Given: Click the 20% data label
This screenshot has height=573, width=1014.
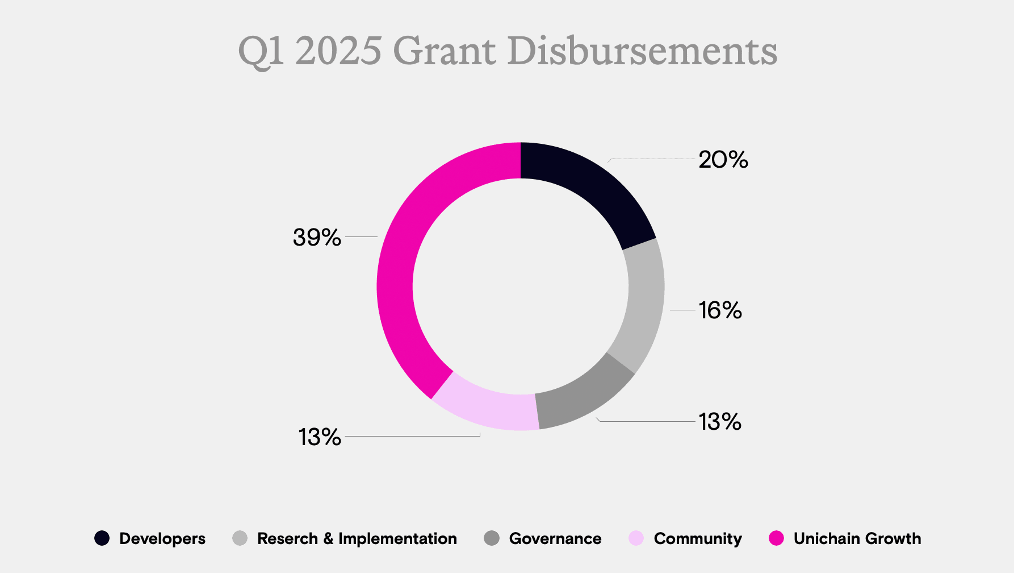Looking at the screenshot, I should pyautogui.click(x=723, y=160).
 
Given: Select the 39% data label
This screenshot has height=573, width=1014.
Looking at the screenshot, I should pyautogui.click(x=317, y=237).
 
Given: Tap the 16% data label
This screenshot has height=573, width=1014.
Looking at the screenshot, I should pyautogui.click(x=720, y=310).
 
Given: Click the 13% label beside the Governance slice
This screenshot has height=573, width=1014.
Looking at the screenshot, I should pyautogui.click(x=720, y=422).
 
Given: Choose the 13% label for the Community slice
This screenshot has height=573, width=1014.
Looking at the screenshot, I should pyautogui.click(x=320, y=437).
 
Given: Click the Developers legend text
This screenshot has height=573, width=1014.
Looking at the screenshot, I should pyautogui.click(x=162, y=539).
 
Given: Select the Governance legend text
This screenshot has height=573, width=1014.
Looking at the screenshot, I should pyautogui.click(x=555, y=539).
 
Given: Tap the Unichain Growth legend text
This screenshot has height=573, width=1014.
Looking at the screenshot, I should pyautogui.click(x=857, y=539).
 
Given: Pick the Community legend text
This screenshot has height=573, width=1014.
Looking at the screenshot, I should pyautogui.click(x=697, y=539).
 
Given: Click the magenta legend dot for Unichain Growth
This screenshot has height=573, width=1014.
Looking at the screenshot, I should pyautogui.click(x=776, y=538).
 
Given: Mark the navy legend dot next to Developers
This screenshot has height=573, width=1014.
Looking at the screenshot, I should pyautogui.click(x=102, y=538).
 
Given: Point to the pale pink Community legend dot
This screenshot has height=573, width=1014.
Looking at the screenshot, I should pyautogui.click(x=636, y=538).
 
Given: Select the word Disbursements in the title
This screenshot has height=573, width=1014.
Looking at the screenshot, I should pyautogui.click(x=642, y=51).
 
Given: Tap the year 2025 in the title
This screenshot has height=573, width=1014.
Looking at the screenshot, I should pyautogui.click(x=338, y=51).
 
